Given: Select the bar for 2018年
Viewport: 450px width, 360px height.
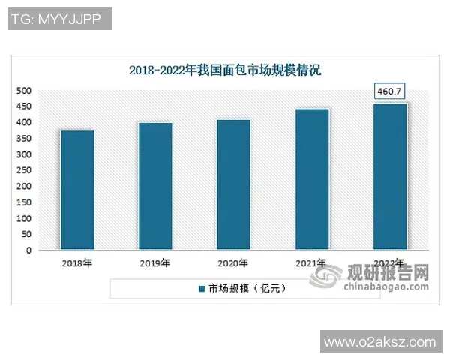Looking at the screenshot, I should [77, 190].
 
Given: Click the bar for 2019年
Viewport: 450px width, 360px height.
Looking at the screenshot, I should [155, 186].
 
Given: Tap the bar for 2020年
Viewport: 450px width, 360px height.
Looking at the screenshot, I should [233, 184].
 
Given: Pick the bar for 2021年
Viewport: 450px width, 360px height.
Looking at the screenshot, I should [312, 179].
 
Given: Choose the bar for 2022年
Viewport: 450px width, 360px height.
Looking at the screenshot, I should [390, 177].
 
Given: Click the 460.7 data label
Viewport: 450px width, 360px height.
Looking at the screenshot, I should [390, 92].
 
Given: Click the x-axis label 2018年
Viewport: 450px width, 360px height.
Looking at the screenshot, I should [77, 264].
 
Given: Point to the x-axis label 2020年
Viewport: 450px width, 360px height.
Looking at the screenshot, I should [233, 264].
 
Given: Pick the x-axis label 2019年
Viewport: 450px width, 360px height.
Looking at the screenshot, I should [155, 264].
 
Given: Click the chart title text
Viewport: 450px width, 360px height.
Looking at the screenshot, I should [224, 70].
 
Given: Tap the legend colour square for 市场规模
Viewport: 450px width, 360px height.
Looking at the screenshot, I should [202, 289].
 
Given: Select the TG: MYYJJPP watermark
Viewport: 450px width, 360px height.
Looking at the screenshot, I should [59, 19].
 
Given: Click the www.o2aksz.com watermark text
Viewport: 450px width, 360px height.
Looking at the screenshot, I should [379, 342].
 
